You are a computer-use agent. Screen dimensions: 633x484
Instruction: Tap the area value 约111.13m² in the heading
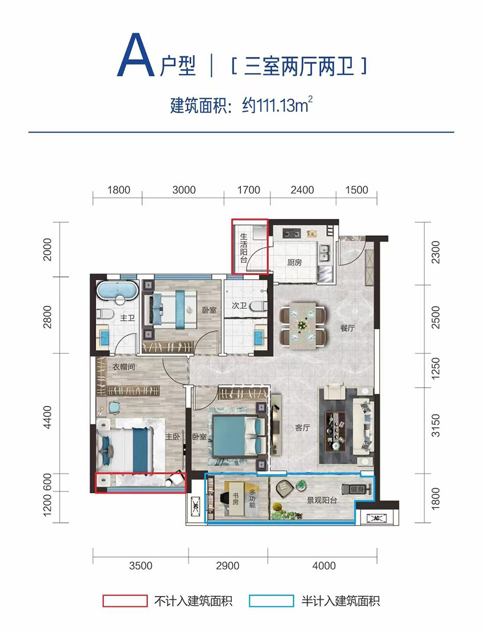(x=278, y=106)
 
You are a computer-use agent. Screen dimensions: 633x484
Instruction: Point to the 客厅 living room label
(x=302, y=428)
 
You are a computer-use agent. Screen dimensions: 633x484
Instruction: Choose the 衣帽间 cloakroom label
(x=123, y=367)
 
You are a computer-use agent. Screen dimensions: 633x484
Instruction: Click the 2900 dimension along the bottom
(x=228, y=566)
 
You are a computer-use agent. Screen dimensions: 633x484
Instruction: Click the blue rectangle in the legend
(x=271, y=601)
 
